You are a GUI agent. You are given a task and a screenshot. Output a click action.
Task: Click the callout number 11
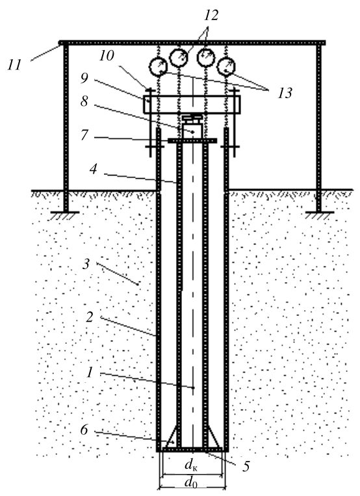[15, 64]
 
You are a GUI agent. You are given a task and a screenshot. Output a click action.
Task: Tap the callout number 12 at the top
[211, 15]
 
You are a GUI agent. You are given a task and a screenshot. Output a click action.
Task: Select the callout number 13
[285, 93]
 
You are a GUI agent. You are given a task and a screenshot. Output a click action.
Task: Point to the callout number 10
[107, 56]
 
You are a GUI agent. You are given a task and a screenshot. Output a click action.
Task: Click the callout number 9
[84, 78]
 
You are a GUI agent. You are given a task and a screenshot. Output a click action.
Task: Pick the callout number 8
[84, 101]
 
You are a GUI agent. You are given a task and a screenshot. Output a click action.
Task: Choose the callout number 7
[84, 135]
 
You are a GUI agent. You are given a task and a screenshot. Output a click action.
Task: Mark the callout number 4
[94, 169]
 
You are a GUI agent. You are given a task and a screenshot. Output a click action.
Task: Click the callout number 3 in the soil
[86, 264]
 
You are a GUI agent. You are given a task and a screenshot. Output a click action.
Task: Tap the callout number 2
[90, 317]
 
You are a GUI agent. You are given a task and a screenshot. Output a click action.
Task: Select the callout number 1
[90, 372]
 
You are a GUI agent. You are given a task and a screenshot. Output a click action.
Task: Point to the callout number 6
[84, 430]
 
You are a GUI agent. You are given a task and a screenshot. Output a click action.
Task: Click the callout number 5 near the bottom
[246, 467]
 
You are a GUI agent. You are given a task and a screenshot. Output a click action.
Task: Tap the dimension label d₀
[191, 483]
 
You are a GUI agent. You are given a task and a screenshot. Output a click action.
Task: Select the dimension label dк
[192, 465]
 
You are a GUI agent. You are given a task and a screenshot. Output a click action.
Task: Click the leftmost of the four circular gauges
[158, 67]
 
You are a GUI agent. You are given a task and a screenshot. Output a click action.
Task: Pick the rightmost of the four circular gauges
[226, 66]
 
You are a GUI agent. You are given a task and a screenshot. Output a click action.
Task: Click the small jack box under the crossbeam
[192, 131]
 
